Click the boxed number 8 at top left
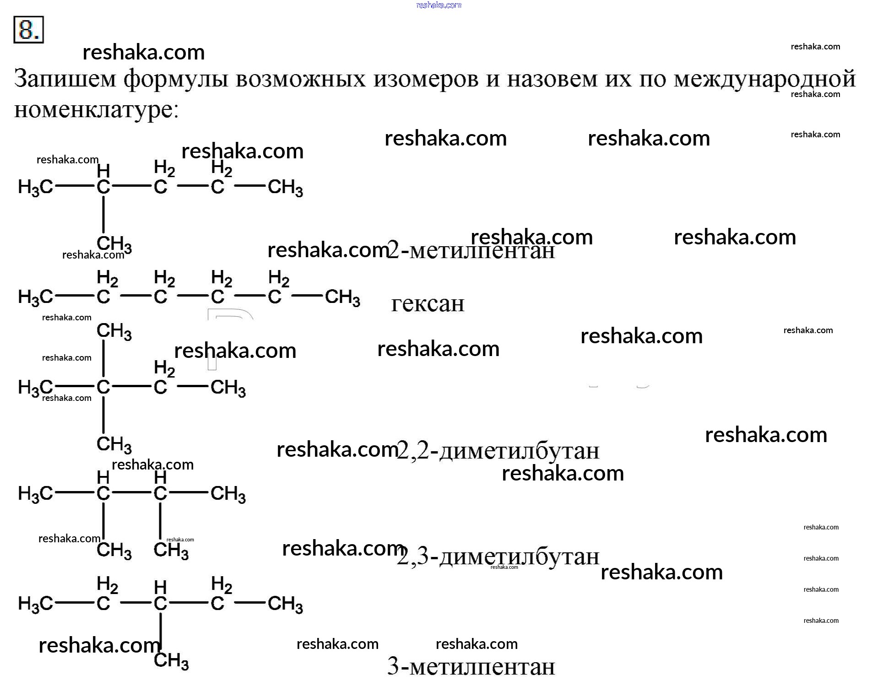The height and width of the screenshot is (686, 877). [x=28, y=30]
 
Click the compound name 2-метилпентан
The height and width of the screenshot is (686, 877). [x=471, y=250]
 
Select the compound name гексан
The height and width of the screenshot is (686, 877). [x=428, y=303]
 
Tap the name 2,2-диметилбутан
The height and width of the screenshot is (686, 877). [x=498, y=450]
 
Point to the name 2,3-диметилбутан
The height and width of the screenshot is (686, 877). [x=498, y=556]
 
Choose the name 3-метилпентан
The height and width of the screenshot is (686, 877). [x=471, y=666]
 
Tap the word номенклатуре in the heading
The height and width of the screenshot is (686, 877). [x=97, y=110]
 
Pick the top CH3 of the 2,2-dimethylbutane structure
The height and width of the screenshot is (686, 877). [x=114, y=331]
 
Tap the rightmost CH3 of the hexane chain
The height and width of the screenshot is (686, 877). [x=342, y=298]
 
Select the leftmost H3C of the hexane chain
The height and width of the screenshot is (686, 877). [x=36, y=298]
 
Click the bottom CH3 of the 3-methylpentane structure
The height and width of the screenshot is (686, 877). [x=171, y=661]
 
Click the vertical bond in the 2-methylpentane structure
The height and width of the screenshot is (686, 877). [x=103, y=215]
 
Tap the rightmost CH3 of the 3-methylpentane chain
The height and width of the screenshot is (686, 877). [x=285, y=605]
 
